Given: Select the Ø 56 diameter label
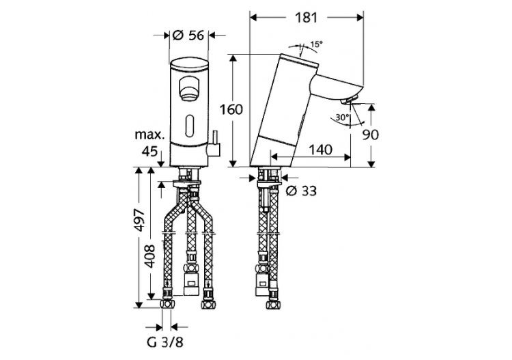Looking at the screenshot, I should point(188,37).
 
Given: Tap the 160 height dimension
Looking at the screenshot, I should point(233,109).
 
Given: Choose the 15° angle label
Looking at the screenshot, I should point(315,46).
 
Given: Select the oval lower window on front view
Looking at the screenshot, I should point(188,126).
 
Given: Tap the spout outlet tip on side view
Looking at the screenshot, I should point(349,103).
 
